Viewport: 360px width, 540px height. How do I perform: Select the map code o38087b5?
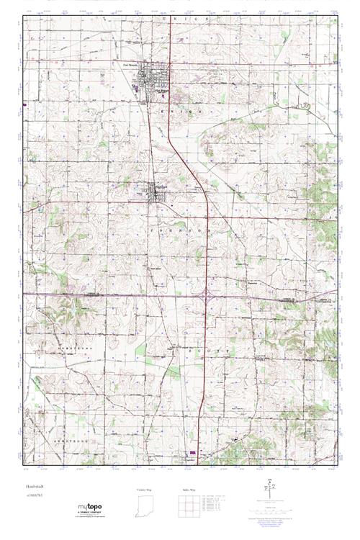(30, 496)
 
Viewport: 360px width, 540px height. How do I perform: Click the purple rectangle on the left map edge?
(25, 104)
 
